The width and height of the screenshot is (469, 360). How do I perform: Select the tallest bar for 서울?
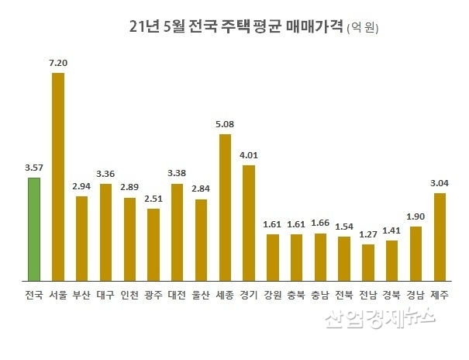point(57,176)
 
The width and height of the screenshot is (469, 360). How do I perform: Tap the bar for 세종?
point(225,206)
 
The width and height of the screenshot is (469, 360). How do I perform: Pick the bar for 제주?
point(440,237)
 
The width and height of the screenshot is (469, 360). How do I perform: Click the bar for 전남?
point(367,262)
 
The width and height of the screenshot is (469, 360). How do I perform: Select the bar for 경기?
point(249,222)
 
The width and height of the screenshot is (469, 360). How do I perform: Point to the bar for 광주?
point(153,244)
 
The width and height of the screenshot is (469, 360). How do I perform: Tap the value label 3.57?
point(33,167)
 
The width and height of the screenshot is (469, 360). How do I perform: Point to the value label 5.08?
point(225,123)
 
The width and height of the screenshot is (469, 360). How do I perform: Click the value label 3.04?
point(440,182)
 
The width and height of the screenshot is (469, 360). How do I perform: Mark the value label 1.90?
point(416,216)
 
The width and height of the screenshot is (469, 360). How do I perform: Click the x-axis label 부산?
point(81,296)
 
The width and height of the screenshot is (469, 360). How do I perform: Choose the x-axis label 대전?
point(177,296)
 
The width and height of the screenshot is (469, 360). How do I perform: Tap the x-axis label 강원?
point(272,296)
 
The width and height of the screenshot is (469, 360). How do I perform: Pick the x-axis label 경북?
point(391,296)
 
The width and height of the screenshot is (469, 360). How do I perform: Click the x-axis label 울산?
point(201,296)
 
